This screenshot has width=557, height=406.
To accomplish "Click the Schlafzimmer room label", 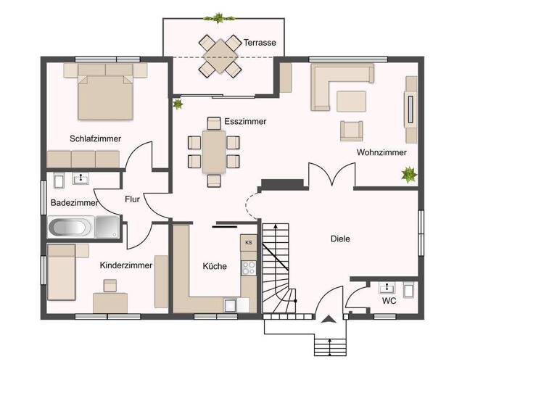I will (x=95, y=138).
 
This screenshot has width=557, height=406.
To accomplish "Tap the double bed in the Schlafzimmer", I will (x=106, y=92).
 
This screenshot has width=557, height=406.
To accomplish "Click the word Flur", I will (x=132, y=199).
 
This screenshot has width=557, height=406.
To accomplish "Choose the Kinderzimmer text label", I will (x=125, y=265).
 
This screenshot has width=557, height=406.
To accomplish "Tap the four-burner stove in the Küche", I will (x=249, y=267).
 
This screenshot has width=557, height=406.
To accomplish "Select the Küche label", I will (x=214, y=266).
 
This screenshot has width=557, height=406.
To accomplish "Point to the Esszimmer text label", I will (x=245, y=121).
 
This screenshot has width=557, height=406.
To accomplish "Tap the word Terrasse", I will (x=260, y=43).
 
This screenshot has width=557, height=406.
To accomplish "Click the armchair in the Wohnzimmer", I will (x=352, y=130).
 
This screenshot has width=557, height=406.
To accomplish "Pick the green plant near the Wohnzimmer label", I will (x=409, y=174).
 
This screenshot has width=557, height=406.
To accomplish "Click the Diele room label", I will (x=340, y=239).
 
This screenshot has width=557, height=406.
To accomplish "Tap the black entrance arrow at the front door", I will (x=329, y=319).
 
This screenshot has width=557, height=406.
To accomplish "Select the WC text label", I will (x=389, y=300).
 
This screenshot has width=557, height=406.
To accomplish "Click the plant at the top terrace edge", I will (x=217, y=17).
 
